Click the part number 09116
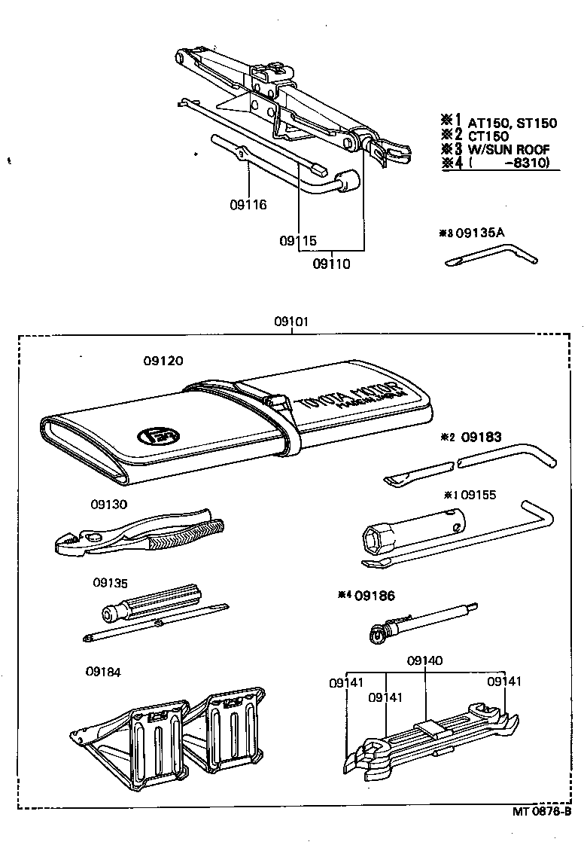(x=248, y=204)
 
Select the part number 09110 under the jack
(x=332, y=264)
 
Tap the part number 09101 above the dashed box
(x=292, y=322)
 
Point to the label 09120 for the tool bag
(x=163, y=361)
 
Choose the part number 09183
(x=481, y=436)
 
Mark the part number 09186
(x=375, y=595)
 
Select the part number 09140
(x=424, y=660)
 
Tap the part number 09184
(x=103, y=672)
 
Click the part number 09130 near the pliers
(x=111, y=504)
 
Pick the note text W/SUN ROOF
(x=508, y=149)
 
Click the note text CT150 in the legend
(x=488, y=136)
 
